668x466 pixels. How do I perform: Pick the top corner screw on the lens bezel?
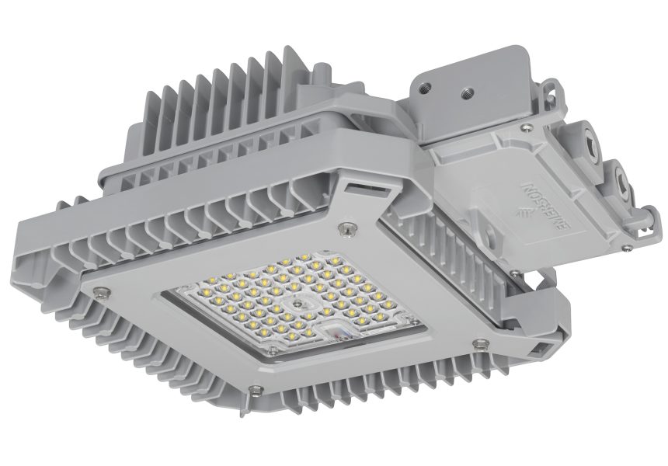[x=345, y=228]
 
